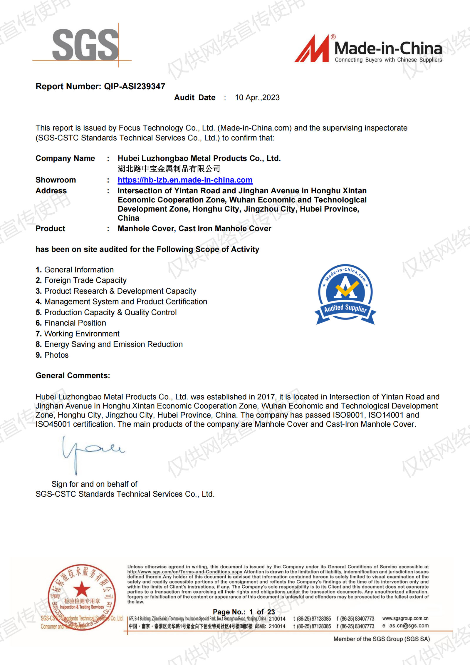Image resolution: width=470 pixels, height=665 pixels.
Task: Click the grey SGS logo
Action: pos(85,45)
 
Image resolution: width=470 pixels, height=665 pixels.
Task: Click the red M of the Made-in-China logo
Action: pos(312,49)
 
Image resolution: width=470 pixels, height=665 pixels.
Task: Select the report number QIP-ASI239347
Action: pos(135,86)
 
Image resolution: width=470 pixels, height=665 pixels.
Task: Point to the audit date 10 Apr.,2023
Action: pos(257,98)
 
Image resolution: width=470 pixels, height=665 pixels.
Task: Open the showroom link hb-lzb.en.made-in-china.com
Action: pos(185,180)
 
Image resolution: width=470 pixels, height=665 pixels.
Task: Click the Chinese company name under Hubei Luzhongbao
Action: pos(169,169)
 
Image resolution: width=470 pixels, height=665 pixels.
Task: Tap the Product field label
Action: pos(50,229)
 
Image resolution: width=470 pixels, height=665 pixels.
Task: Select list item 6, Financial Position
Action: pos(75,323)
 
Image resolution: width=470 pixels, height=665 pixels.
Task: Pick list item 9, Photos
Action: pos(56,355)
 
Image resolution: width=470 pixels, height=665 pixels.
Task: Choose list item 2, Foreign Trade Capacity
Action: pos(85,280)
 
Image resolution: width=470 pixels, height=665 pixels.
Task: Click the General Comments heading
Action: pos(73,376)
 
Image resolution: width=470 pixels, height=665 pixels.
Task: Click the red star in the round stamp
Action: pos(82,589)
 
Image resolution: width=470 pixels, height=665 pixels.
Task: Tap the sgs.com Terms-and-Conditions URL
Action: pos(185,572)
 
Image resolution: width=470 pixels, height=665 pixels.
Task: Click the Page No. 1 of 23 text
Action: pos(244,612)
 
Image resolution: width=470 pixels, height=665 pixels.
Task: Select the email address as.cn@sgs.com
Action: pos(409,626)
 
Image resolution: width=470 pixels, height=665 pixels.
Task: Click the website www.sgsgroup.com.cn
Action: pos(405,618)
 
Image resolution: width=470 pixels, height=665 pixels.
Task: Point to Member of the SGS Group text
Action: pos(382,639)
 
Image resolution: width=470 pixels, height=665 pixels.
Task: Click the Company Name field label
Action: pos(65,158)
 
